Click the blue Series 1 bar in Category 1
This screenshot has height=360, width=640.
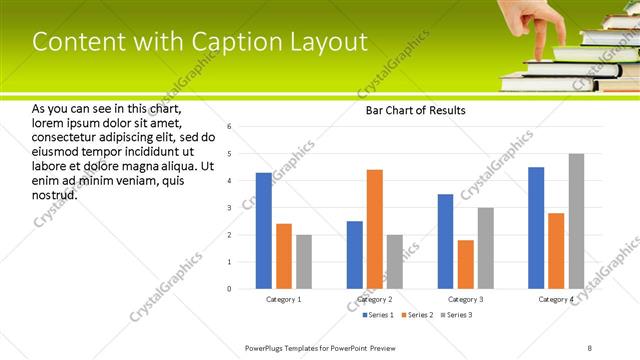[x=263, y=231]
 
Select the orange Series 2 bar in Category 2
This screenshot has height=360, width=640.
[x=375, y=229]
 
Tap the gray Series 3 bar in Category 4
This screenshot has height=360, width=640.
[x=576, y=221]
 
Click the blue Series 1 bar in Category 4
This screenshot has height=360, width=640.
[x=536, y=228]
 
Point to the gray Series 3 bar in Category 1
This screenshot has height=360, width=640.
[x=304, y=262]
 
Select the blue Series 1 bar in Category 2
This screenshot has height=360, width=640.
[x=355, y=255]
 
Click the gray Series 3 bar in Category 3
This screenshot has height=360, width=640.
[x=486, y=248]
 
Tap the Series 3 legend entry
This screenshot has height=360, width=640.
[x=455, y=315]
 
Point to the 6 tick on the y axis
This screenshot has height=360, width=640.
[x=229, y=127]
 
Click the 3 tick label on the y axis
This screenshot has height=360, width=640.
[x=229, y=208]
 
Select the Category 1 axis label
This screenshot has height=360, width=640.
[x=283, y=299]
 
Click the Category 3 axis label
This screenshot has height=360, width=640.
[x=466, y=299]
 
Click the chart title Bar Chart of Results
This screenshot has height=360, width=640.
[x=410, y=110]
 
